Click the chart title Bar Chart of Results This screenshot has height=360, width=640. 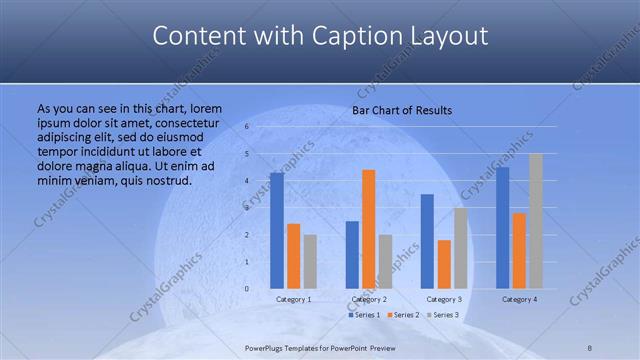pyautogui.click(x=402, y=110)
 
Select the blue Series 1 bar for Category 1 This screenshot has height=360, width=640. pyautogui.click(x=277, y=230)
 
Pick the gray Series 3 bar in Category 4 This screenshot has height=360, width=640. pyautogui.click(x=536, y=221)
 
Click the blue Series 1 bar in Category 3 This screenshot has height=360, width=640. pyautogui.click(x=427, y=241)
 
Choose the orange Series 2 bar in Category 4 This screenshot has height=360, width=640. pyautogui.click(x=519, y=250)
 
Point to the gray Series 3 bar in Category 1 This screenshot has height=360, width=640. pyautogui.click(x=310, y=261)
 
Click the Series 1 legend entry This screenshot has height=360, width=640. pyautogui.click(x=364, y=315)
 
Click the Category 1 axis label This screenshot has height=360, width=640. pyautogui.click(x=293, y=299)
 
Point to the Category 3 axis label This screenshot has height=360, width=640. pyautogui.click(x=444, y=299)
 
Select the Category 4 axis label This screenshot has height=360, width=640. pyautogui.click(x=519, y=299)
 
